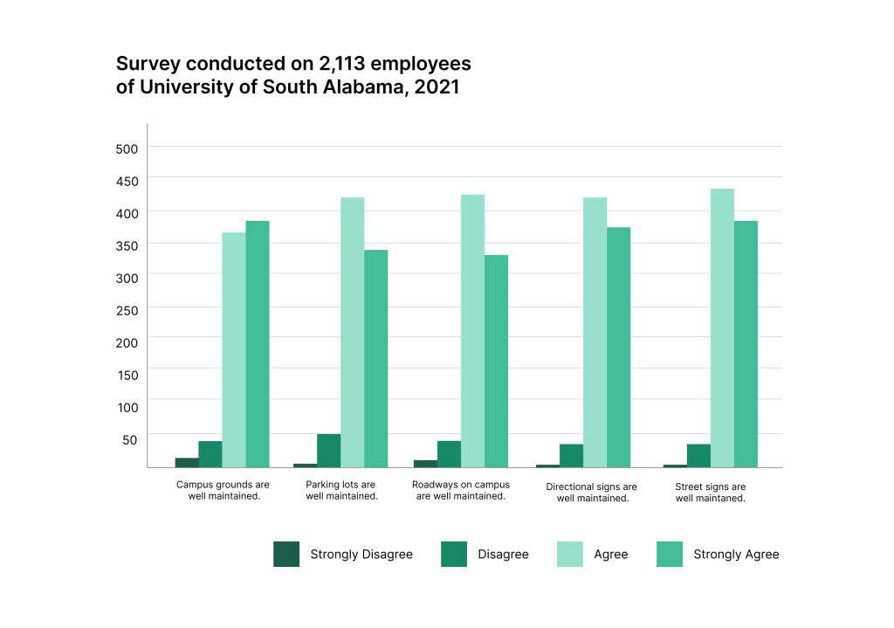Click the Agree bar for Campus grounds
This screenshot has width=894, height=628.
pos(234,349)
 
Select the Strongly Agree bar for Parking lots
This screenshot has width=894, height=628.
pos(376,358)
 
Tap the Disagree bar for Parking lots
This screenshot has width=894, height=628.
pos(328,451)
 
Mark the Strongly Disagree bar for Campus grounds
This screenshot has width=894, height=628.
pos(187,462)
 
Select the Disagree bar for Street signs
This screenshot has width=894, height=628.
pos(698,455)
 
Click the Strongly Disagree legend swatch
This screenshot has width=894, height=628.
pos(286,554)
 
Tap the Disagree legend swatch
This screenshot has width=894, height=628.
pos(454,554)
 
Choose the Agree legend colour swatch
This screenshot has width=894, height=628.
pos(570,554)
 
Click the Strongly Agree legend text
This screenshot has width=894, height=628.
pos(736,554)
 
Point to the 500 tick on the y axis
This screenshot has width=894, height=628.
pos(127,148)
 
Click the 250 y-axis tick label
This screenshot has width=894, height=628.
pos(127,309)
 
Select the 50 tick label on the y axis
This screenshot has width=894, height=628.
pos(131,438)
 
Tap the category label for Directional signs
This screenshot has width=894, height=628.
pos(592,493)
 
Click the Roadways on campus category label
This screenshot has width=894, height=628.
pos(461,490)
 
